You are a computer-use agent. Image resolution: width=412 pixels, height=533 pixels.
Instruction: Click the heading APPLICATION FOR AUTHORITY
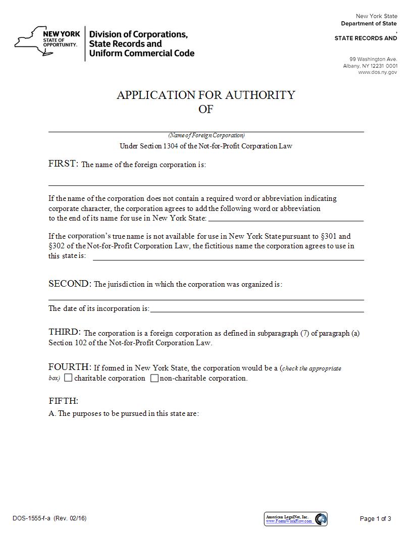(205, 95)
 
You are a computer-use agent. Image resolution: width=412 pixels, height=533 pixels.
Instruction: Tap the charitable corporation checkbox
(69, 378)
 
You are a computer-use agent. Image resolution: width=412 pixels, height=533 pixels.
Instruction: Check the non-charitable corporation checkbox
(154, 378)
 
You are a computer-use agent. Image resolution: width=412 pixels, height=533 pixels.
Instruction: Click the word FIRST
(63, 164)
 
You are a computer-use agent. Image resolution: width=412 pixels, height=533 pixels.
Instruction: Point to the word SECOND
(69, 284)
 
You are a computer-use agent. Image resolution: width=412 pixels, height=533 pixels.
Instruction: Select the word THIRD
(64, 332)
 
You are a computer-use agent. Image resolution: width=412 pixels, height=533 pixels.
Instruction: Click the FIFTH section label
(63, 401)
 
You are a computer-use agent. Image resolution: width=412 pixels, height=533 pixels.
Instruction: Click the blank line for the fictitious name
(228, 258)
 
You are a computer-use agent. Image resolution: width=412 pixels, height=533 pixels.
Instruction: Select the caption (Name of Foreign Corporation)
(206, 135)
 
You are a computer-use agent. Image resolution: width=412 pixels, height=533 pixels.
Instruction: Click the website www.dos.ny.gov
(377, 72)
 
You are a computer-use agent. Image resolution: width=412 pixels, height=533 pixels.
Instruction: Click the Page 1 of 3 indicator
(375, 518)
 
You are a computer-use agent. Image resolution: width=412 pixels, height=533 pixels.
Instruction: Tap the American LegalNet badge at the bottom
(295, 518)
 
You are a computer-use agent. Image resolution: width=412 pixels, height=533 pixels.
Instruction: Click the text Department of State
(369, 24)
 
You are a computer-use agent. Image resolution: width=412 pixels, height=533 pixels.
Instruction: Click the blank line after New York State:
(285, 220)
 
